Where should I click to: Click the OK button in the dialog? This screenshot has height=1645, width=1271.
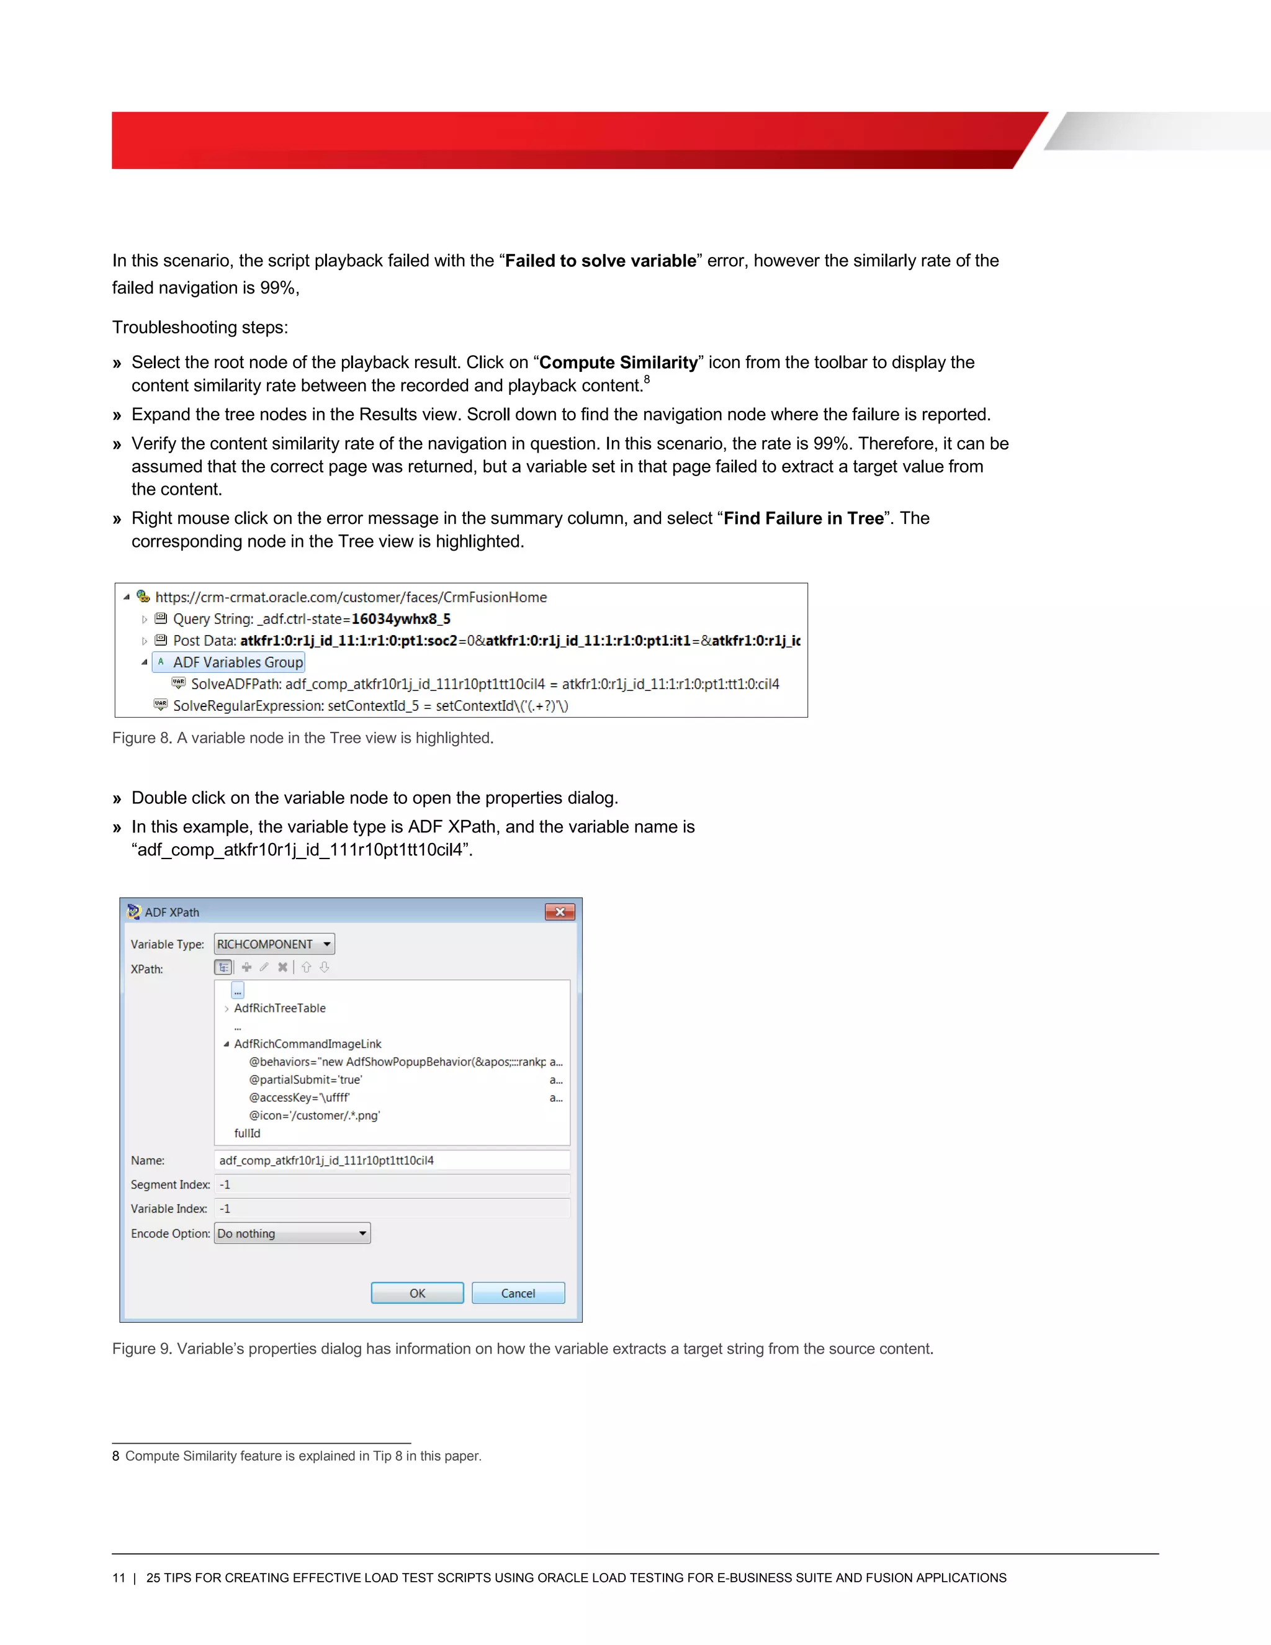[x=417, y=1292]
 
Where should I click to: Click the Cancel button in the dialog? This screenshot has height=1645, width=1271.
[x=518, y=1292]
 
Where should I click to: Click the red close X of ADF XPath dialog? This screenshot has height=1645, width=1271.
[x=559, y=911]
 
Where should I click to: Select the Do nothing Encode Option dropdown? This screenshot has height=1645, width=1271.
[x=292, y=1233]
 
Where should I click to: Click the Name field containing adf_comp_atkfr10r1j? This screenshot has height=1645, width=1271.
[x=392, y=1160]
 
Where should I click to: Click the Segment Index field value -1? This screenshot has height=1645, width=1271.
[x=392, y=1184]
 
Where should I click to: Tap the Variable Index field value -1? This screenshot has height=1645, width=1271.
[x=392, y=1208]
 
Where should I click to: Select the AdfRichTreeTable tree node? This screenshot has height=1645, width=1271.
[x=279, y=1007]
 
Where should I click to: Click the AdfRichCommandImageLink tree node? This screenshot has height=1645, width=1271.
[x=307, y=1043]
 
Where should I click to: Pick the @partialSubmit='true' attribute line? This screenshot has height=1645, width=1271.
[x=306, y=1079]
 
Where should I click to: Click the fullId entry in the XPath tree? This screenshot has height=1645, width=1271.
[x=247, y=1133]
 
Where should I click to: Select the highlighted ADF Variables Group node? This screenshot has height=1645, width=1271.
[x=237, y=662]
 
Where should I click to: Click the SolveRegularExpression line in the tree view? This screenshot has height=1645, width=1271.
[x=371, y=706]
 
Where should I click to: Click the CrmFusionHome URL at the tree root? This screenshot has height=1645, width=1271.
[x=351, y=597]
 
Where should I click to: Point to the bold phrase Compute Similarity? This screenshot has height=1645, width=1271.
[x=618, y=363]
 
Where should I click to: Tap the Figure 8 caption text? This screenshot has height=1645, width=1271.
[x=303, y=737]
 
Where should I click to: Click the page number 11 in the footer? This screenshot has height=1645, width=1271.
[x=118, y=1577]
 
